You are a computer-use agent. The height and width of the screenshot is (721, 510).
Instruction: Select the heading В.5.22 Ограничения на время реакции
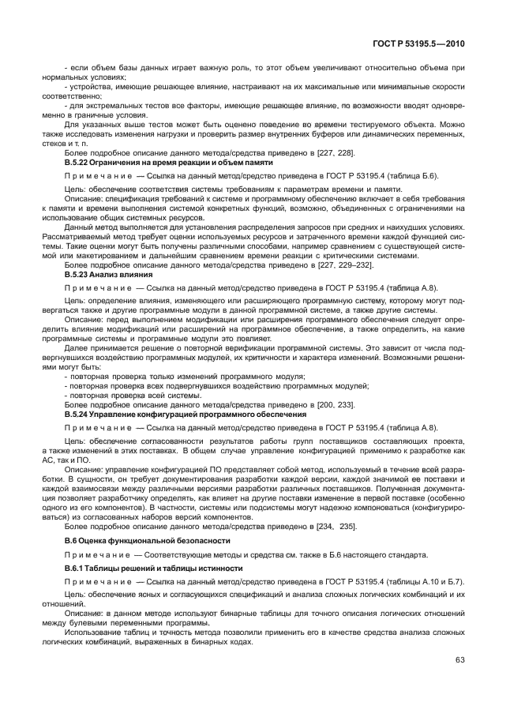(168, 162)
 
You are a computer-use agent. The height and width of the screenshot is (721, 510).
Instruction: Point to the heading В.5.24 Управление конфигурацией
(185, 413)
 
